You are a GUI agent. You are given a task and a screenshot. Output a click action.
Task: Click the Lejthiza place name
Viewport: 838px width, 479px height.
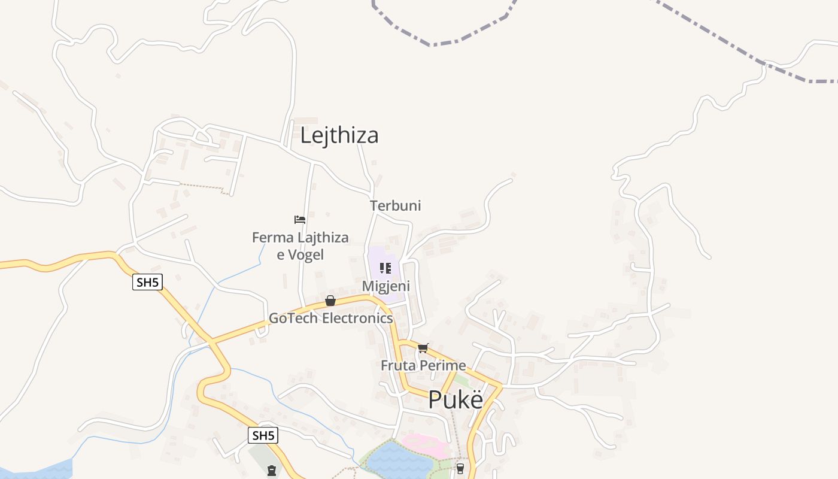[x=339, y=135]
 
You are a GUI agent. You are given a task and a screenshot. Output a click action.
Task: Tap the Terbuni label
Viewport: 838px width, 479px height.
[x=395, y=205]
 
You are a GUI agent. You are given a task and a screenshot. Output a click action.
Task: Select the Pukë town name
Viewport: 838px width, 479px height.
[x=456, y=399]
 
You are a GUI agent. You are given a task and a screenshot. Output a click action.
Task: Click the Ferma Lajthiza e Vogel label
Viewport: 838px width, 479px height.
[x=300, y=245]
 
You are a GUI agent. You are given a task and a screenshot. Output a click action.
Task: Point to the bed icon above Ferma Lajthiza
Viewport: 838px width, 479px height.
[x=300, y=220]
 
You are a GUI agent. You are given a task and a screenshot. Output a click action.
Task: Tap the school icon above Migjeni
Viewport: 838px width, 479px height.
[x=385, y=268]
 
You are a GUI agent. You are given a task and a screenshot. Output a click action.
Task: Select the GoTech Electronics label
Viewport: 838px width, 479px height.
[x=330, y=318]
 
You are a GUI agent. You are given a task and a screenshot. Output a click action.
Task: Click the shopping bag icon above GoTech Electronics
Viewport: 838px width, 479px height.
[x=330, y=301]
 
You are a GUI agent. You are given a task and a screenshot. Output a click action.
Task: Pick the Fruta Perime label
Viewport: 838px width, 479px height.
[x=423, y=365]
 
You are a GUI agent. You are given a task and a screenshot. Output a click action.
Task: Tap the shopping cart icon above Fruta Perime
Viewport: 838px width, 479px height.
[x=423, y=348]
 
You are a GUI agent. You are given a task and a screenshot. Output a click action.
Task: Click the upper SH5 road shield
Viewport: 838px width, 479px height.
[x=147, y=282]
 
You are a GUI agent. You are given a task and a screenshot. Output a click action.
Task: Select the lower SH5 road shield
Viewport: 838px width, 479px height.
[x=263, y=435]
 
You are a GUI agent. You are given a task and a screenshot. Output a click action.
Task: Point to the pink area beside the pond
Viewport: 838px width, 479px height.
[x=426, y=445]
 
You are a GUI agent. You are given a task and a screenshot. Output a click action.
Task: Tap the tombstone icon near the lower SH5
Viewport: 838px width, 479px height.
[x=272, y=471]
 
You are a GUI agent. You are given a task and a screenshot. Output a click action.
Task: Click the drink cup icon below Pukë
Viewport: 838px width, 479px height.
[x=460, y=468]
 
